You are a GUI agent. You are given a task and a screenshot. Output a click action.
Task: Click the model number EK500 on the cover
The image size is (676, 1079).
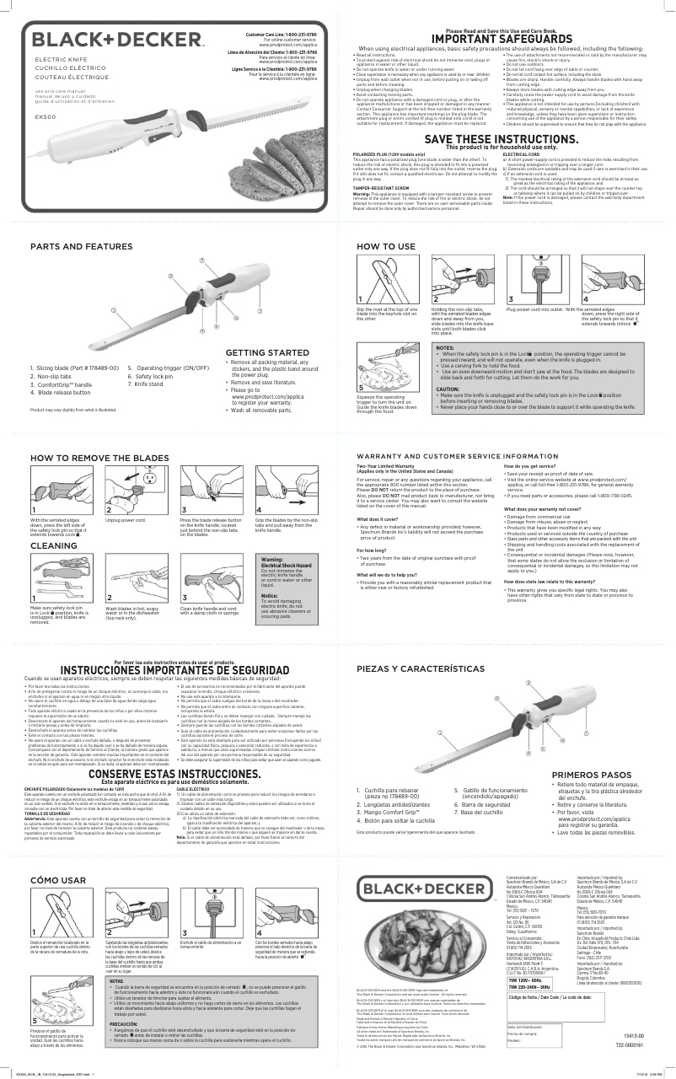coord(45,116)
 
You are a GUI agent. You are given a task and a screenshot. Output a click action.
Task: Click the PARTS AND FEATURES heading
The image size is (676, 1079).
coord(81,246)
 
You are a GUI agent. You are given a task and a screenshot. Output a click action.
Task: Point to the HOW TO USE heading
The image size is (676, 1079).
coord(386,246)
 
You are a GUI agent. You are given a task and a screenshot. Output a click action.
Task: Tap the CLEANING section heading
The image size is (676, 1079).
coord(55,546)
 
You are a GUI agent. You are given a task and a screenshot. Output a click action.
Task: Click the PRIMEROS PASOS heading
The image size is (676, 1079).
coord(591,774)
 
